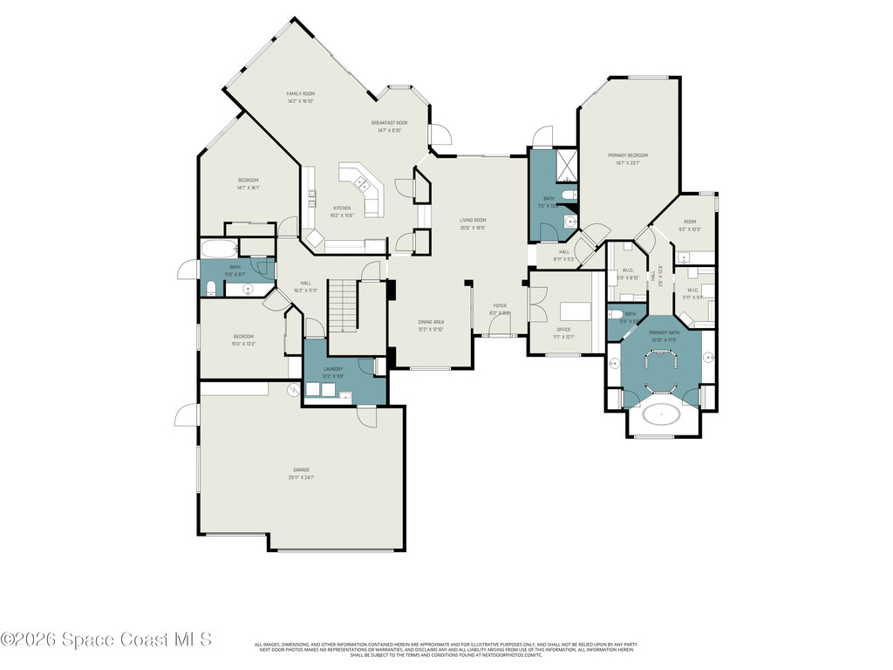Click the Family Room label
[301, 97]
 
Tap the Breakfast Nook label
[389, 126]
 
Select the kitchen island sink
[360, 181]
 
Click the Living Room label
[473, 223]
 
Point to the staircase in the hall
[343, 305]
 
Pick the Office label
[563, 332]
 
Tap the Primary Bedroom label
[628, 159]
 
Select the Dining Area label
[431, 325]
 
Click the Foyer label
[500, 309]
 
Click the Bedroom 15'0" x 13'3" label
[243, 339]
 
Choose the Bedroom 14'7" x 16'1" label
[249, 183]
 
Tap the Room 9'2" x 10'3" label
[690, 225]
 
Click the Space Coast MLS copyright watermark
[106, 639]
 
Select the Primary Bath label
[664, 336]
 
